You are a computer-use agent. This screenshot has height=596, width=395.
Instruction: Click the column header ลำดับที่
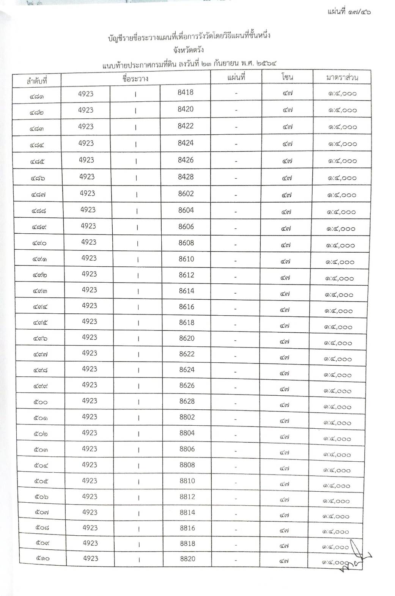click(36, 81)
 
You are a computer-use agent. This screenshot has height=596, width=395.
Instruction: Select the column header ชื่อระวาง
click(135, 79)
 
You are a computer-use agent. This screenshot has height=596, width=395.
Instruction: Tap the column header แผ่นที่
click(236, 77)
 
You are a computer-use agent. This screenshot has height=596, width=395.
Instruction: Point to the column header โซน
click(287, 77)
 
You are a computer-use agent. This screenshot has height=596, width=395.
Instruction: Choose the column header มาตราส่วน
click(342, 77)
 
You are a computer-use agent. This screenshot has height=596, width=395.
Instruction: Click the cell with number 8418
click(186, 92)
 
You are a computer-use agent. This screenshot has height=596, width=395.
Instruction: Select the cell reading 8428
click(186, 176)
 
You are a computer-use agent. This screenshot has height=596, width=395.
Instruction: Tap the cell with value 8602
click(186, 193)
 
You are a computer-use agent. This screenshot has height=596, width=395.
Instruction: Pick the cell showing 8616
click(187, 307)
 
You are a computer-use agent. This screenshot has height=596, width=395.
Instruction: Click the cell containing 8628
click(187, 401)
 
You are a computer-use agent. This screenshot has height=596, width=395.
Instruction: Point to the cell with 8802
click(187, 417)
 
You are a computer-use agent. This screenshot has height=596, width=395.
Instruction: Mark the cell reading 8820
click(187, 558)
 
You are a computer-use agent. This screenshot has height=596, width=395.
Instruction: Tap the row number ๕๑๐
click(42, 558)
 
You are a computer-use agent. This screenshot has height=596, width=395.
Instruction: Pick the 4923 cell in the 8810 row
click(90, 481)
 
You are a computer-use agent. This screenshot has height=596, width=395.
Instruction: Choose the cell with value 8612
click(186, 275)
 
